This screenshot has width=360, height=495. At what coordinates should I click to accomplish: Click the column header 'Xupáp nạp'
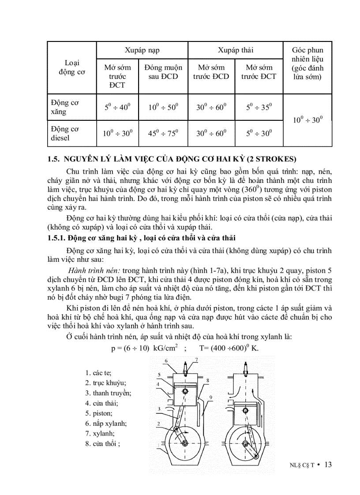[142, 50]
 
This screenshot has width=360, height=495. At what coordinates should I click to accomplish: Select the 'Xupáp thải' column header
[236, 50]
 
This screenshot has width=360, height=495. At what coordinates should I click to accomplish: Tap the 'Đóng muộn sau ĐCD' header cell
[163, 72]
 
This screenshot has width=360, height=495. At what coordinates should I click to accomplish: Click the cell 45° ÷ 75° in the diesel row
[163, 133]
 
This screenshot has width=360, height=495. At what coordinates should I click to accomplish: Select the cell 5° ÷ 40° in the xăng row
[117, 107]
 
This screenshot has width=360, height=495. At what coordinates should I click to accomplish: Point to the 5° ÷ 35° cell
[259, 107]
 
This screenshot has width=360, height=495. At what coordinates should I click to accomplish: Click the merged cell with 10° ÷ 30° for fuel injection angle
[307, 119]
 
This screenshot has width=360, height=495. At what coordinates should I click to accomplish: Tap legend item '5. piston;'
[99, 413]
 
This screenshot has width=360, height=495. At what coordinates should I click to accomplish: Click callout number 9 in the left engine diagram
[211, 398]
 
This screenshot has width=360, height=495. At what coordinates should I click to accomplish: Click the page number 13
[327, 465]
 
